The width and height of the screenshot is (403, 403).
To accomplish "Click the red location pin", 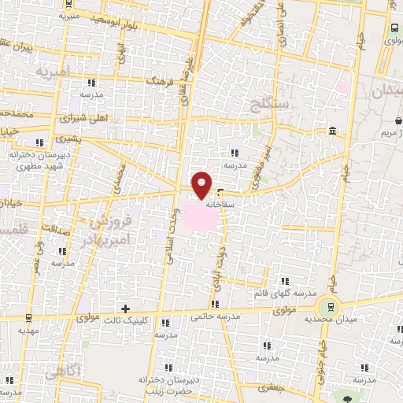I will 201,184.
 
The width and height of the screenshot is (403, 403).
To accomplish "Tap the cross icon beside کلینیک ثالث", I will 124,307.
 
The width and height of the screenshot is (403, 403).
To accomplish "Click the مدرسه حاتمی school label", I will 214,316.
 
